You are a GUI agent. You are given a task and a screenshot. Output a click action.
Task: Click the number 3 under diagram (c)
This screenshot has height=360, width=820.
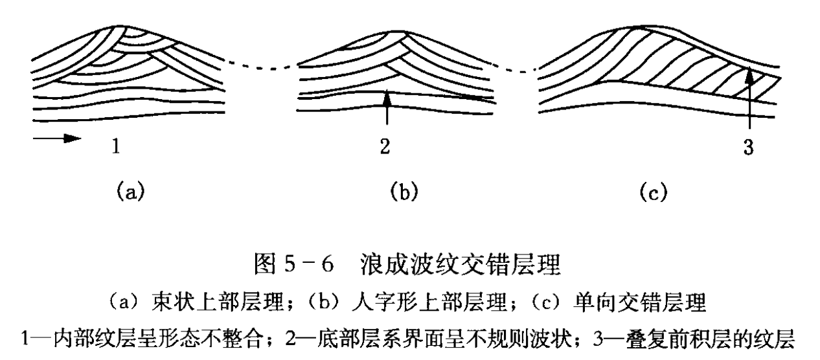point(749,147)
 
